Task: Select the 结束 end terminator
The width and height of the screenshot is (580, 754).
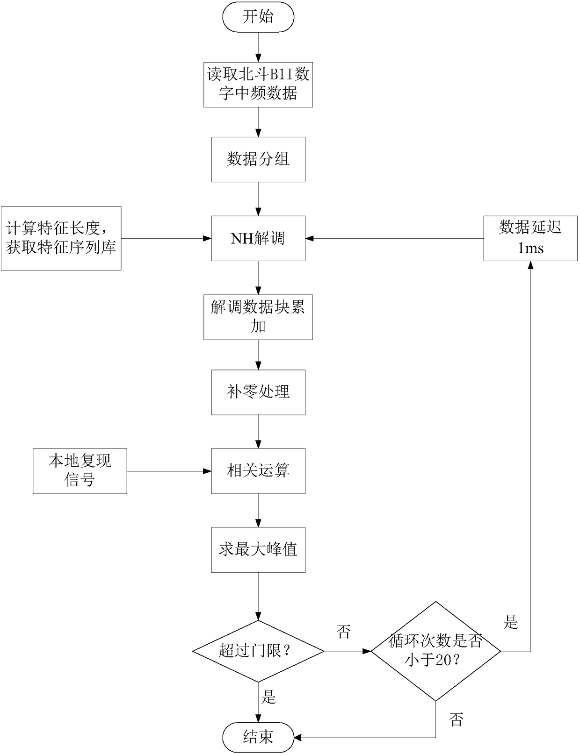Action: pyautogui.click(x=258, y=737)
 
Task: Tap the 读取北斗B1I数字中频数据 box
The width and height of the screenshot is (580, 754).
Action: pyautogui.click(x=258, y=85)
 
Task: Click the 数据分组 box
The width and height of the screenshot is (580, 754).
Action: pyautogui.click(x=258, y=159)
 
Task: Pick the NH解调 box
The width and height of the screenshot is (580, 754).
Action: pyautogui.click(x=258, y=238)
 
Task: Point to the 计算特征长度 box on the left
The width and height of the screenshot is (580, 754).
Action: pyautogui.click(x=61, y=238)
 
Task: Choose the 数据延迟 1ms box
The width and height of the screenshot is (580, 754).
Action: pyautogui.click(x=530, y=238)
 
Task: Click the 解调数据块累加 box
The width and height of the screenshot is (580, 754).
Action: pyautogui.click(x=258, y=317)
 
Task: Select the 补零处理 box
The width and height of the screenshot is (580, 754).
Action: pyautogui.click(x=258, y=392)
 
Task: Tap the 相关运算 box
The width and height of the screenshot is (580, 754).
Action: pyautogui.click(x=258, y=471)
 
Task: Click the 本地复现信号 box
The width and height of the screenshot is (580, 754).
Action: pyautogui.click(x=80, y=471)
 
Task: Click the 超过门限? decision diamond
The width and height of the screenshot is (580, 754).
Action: pyautogui.click(x=258, y=651)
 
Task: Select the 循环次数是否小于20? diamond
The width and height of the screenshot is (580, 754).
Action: pyautogui.click(x=436, y=651)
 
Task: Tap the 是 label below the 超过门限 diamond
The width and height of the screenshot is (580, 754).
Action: pyautogui.click(x=269, y=697)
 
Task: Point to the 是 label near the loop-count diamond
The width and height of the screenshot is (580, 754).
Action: pyautogui.click(x=511, y=623)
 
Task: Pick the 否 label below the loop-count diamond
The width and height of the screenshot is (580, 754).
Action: pyautogui.click(x=456, y=719)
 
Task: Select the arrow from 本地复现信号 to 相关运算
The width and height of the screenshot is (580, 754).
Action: pyautogui.click(x=169, y=471)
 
